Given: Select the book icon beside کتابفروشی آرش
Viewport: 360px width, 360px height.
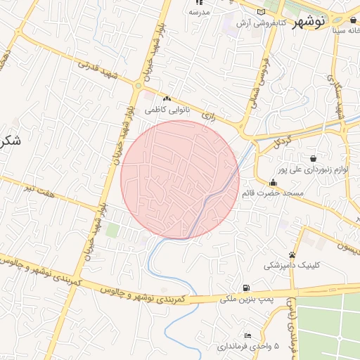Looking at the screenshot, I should pyautogui.click(x=262, y=13).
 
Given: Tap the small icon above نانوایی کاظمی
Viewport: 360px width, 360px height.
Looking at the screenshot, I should pyautogui.click(x=167, y=100).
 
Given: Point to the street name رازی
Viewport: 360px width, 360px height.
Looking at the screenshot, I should pyautogui.click(x=207, y=114).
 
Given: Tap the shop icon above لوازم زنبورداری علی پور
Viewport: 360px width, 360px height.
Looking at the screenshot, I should pyautogui.click(x=312, y=159).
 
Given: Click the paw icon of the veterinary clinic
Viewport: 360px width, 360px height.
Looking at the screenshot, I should pyautogui.click(x=292, y=255).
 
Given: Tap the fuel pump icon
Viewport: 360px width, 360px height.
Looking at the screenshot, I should pyautogui.click(x=245, y=287).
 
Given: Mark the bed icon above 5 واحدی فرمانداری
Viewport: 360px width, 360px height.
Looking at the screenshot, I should pyautogui.click(x=247, y=335).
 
